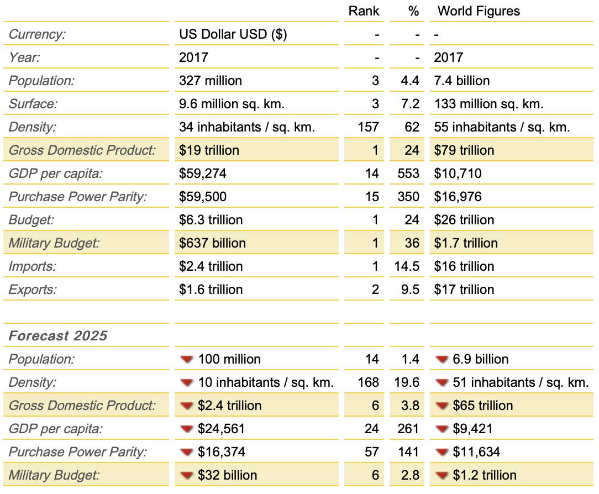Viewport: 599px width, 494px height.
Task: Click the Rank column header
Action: [x=364, y=11]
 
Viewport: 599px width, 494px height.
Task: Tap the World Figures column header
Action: [x=479, y=11]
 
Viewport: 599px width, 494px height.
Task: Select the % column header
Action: [x=413, y=11]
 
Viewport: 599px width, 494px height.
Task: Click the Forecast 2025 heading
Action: [x=58, y=335]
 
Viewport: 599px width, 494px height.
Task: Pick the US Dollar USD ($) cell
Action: [x=233, y=34]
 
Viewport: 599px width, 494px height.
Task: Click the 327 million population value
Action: [x=211, y=81]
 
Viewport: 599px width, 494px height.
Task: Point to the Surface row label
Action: [x=33, y=104]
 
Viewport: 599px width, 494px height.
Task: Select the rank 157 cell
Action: [x=368, y=127]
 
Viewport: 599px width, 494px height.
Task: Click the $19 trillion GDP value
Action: [x=209, y=150]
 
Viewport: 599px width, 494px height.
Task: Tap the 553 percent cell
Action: [x=408, y=174]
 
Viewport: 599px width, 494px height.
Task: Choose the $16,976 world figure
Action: [x=458, y=197]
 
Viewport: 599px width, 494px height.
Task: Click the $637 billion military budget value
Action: [x=212, y=243]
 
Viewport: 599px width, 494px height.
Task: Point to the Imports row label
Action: [x=33, y=266]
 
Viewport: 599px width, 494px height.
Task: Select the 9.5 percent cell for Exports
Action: [x=410, y=290]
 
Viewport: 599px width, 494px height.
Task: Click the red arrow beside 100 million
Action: [x=186, y=359]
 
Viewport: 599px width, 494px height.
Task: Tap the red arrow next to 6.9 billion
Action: [x=442, y=359]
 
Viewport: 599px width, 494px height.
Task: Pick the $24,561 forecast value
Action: [x=221, y=429]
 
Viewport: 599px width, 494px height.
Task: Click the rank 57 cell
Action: [x=372, y=452]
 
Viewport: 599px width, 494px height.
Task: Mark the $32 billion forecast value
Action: [x=227, y=475]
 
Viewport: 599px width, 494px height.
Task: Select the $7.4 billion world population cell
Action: [x=462, y=81]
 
